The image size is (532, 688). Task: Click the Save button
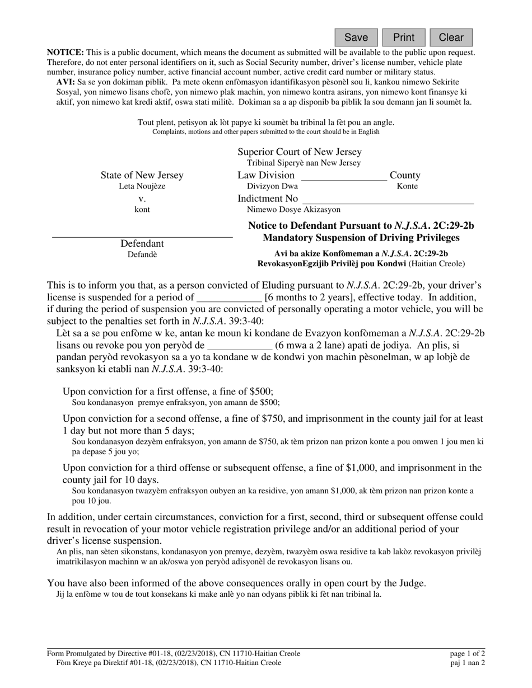pyautogui.click(x=356, y=37)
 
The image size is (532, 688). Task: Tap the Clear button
pyautogui.click(x=451, y=37)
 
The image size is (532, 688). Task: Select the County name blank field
pyautogui.click(x=343, y=176)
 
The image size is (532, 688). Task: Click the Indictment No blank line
pyautogui.click(x=388, y=200)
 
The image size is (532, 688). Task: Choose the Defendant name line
pyautogui.click(x=142, y=233)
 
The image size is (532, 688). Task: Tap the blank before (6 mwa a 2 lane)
pyautogui.click(x=240, y=346)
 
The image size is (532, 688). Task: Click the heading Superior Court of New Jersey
pyautogui.click(x=300, y=152)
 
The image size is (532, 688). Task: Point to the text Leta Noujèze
pyautogui.click(x=142, y=187)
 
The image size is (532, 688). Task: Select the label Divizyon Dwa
pyautogui.click(x=272, y=187)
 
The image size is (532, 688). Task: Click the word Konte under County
pyautogui.click(x=407, y=187)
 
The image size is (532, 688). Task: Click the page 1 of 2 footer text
pyautogui.click(x=467, y=653)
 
